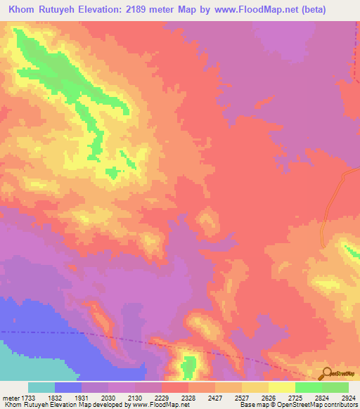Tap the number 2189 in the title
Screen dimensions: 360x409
(x=159, y=10)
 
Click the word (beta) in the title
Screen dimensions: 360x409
(x=340, y=10)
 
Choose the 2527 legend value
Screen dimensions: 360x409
(x=255, y=397)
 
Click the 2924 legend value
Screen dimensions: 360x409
(x=349, y=397)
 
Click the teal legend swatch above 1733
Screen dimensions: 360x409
(x=41, y=387)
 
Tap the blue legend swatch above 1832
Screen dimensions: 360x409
(x=68, y=387)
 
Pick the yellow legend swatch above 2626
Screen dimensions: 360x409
(x=282, y=387)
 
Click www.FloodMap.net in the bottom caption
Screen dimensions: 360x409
(x=161, y=405)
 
